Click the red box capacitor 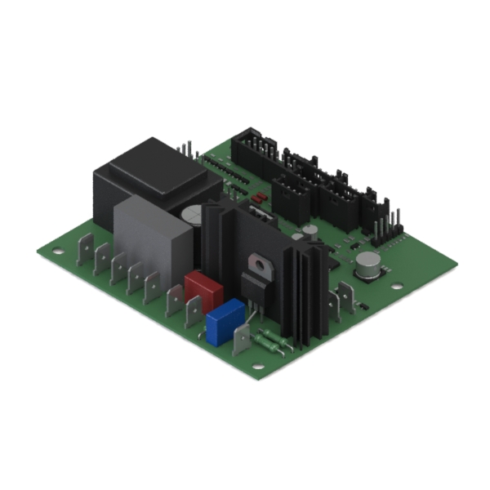pos(203,287)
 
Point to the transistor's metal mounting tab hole pos(260,263)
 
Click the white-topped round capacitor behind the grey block pos(193,215)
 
